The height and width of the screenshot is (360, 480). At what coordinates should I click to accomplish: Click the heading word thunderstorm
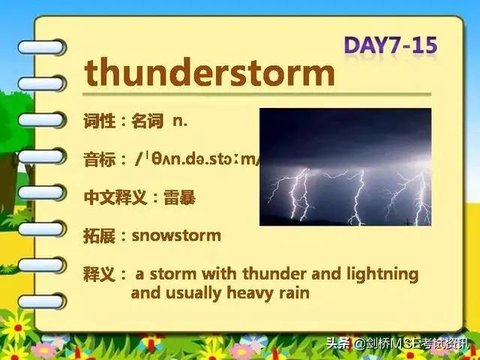pos(209,73)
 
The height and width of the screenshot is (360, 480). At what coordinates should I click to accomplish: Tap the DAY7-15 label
pos(391,45)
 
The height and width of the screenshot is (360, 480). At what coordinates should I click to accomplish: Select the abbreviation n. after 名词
pos(180,121)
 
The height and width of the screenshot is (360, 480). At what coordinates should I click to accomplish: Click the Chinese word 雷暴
pos(179,197)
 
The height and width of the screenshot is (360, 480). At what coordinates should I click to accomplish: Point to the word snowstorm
pos(176,235)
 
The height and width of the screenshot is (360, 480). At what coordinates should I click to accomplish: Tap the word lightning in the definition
pos(382,274)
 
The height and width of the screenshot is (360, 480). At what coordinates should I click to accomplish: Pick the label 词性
pos(99,121)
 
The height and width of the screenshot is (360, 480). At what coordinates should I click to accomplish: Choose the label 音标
pos(99,160)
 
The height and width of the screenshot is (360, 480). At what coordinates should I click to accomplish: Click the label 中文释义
pos(115,197)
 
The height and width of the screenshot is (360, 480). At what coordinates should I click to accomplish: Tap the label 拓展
pos(99,235)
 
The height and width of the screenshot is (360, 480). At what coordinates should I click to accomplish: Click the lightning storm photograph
pos(345,166)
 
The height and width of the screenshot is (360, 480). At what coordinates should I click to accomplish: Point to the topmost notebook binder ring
pos(42,47)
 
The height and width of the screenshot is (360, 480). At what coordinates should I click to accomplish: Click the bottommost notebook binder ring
pos(42,301)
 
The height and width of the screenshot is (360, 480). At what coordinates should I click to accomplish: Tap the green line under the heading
pos(256,94)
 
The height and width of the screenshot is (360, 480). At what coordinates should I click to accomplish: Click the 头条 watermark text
pos(338,343)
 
